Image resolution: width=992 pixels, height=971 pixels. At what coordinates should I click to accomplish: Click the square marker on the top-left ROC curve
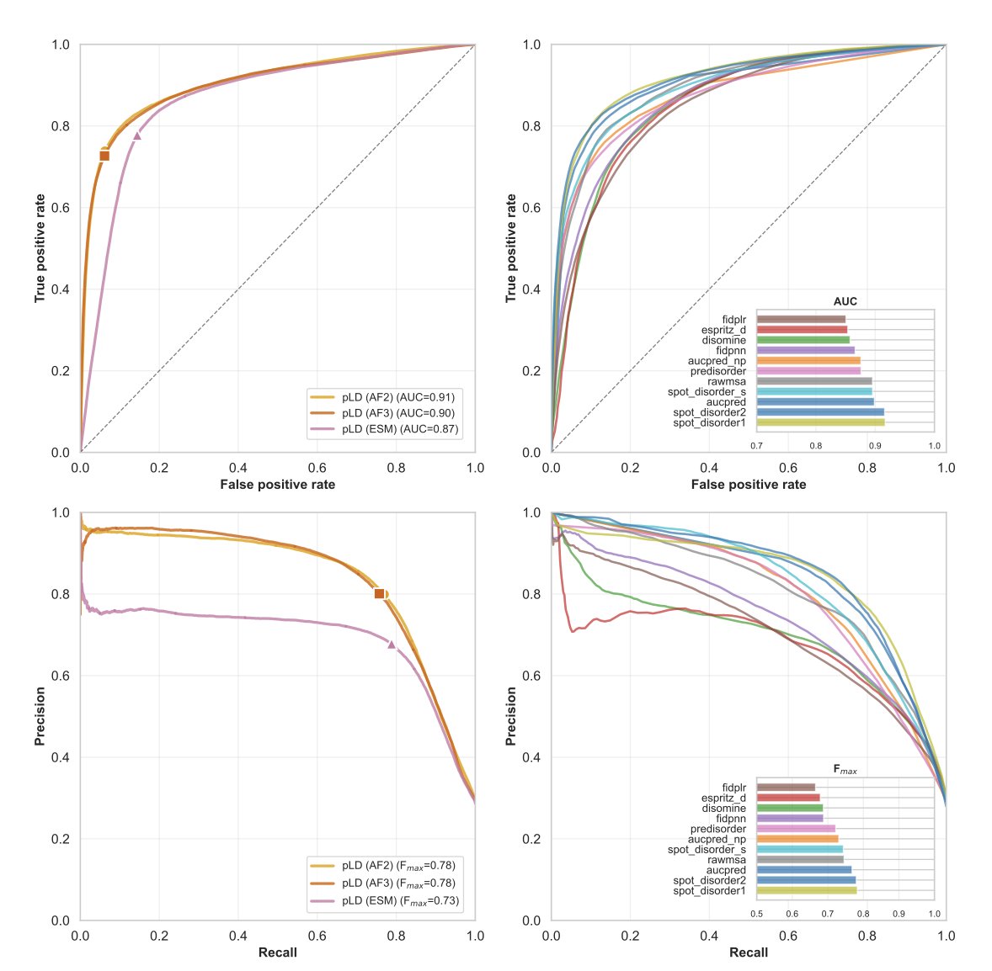click(x=104, y=156)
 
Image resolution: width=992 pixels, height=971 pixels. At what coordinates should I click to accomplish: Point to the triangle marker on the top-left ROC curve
click(x=137, y=135)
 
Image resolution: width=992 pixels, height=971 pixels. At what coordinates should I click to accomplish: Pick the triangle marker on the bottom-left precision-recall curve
click(x=392, y=645)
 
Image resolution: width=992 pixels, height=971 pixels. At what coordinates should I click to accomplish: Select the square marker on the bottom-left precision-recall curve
click(x=379, y=593)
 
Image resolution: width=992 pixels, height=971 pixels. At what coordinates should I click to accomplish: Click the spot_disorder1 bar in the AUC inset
click(x=820, y=422)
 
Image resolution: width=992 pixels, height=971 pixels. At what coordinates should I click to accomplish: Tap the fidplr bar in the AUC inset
click(x=801, y=320)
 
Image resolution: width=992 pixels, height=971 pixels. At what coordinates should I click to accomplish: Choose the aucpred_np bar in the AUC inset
click(x=808, y=361)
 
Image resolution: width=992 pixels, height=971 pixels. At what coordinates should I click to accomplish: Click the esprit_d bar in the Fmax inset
click(x=788, y=798)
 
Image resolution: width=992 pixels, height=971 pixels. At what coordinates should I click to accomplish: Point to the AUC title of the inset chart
click(x=845, y=301)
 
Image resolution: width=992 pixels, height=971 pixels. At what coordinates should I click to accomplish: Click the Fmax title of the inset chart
click(x=845, y=769)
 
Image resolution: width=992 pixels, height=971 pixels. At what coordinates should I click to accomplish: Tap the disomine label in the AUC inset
click(x=723, y=340)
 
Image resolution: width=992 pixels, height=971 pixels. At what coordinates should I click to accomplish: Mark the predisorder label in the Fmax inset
click(x=717, y=829)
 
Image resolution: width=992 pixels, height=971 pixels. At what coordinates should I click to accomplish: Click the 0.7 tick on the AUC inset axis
click(x=757, y=445)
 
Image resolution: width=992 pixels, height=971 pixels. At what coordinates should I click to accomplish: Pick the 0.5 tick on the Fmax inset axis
click(x=757, y=913)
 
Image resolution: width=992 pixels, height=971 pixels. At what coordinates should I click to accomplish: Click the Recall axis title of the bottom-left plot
click(x=277, y=952)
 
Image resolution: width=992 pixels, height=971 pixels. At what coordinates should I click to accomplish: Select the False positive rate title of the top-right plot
click(x=749, y=485)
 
